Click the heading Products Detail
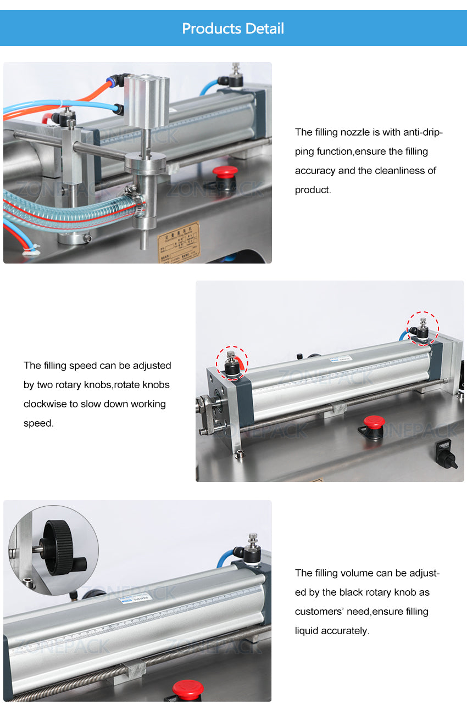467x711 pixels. click(x=233, y=29)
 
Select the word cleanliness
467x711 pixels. click(x=405, y=170)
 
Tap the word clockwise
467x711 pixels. click(x=45, y=404)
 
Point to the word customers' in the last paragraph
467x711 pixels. click(x=323, y=611)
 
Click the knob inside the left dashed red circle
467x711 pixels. click(x=231, y=365)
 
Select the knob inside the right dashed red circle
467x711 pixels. click(x=422, y=329)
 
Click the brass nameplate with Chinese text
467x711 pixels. click(x=179, y=242)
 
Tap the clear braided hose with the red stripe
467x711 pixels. click(x=66, y=211)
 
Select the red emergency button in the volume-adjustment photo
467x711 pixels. click(x=187, y=689)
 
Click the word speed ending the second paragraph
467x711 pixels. click(x=38, y=423)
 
